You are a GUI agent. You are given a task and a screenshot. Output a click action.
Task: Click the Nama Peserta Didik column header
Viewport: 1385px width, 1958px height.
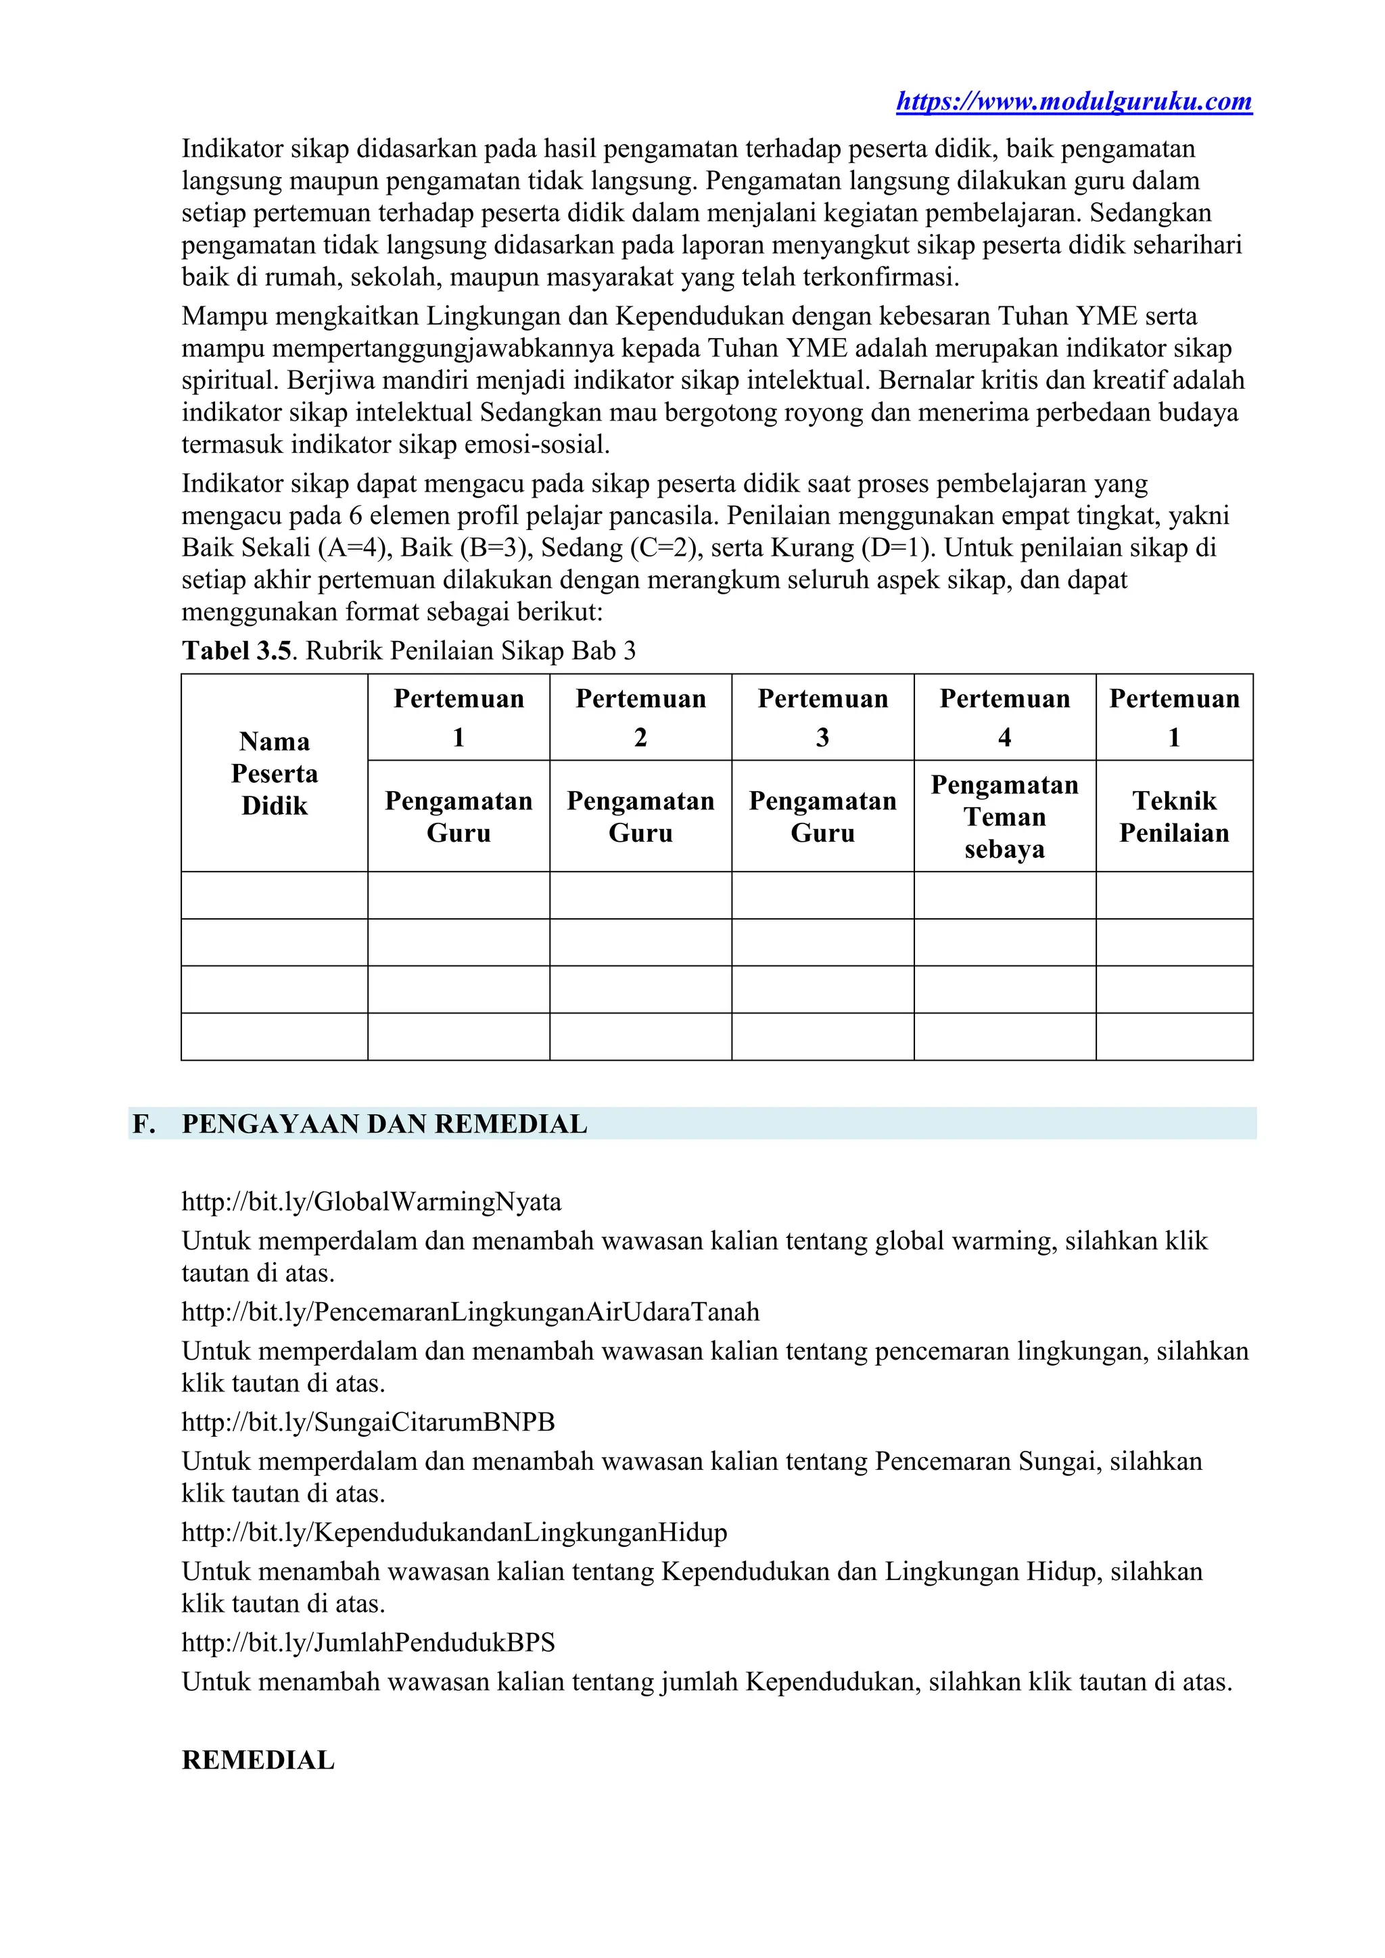coord(274,773)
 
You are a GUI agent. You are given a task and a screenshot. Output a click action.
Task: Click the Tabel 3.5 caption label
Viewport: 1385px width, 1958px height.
coord(236,652)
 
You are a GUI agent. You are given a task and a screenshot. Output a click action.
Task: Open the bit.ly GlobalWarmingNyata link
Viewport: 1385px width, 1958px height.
coord(371,1202)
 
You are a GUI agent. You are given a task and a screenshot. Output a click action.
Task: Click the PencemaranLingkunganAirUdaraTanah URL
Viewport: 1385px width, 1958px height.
coord(470,1312)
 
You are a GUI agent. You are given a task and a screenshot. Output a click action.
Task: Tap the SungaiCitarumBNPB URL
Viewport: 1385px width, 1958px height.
coord(368,1422)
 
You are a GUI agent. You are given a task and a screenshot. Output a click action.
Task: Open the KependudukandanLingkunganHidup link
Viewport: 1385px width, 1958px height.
coord(454,1533)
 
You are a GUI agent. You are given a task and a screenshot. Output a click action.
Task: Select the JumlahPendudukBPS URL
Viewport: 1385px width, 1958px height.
coord(368,1642)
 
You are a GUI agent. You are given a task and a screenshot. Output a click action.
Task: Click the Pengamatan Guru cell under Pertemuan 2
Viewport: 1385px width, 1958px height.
coord(640,816)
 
